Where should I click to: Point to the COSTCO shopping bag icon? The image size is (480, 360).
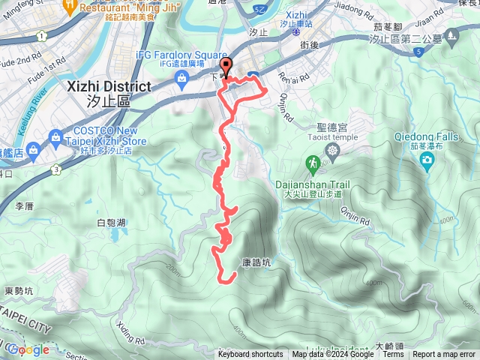(55, 136)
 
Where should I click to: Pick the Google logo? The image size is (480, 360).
(28, 349)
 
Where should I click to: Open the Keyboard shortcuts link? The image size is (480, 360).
(250, 355)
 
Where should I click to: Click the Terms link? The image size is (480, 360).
(393, 355)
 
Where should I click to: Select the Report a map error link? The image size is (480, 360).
(445, 355)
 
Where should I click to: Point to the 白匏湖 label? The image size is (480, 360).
(111, 223)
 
